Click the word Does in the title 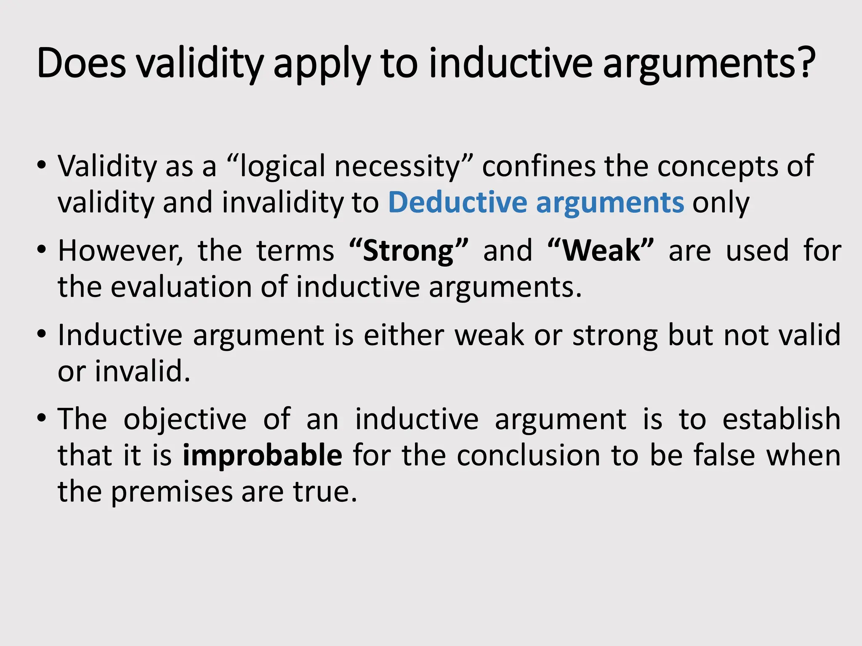point(81,64)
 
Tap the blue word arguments point(610,204)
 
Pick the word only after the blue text point(721,204)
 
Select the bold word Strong point(408,251)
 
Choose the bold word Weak point(601,251)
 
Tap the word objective point(185,420)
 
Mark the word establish point(781,420)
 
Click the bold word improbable point(262,456)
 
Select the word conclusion point(529,456)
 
